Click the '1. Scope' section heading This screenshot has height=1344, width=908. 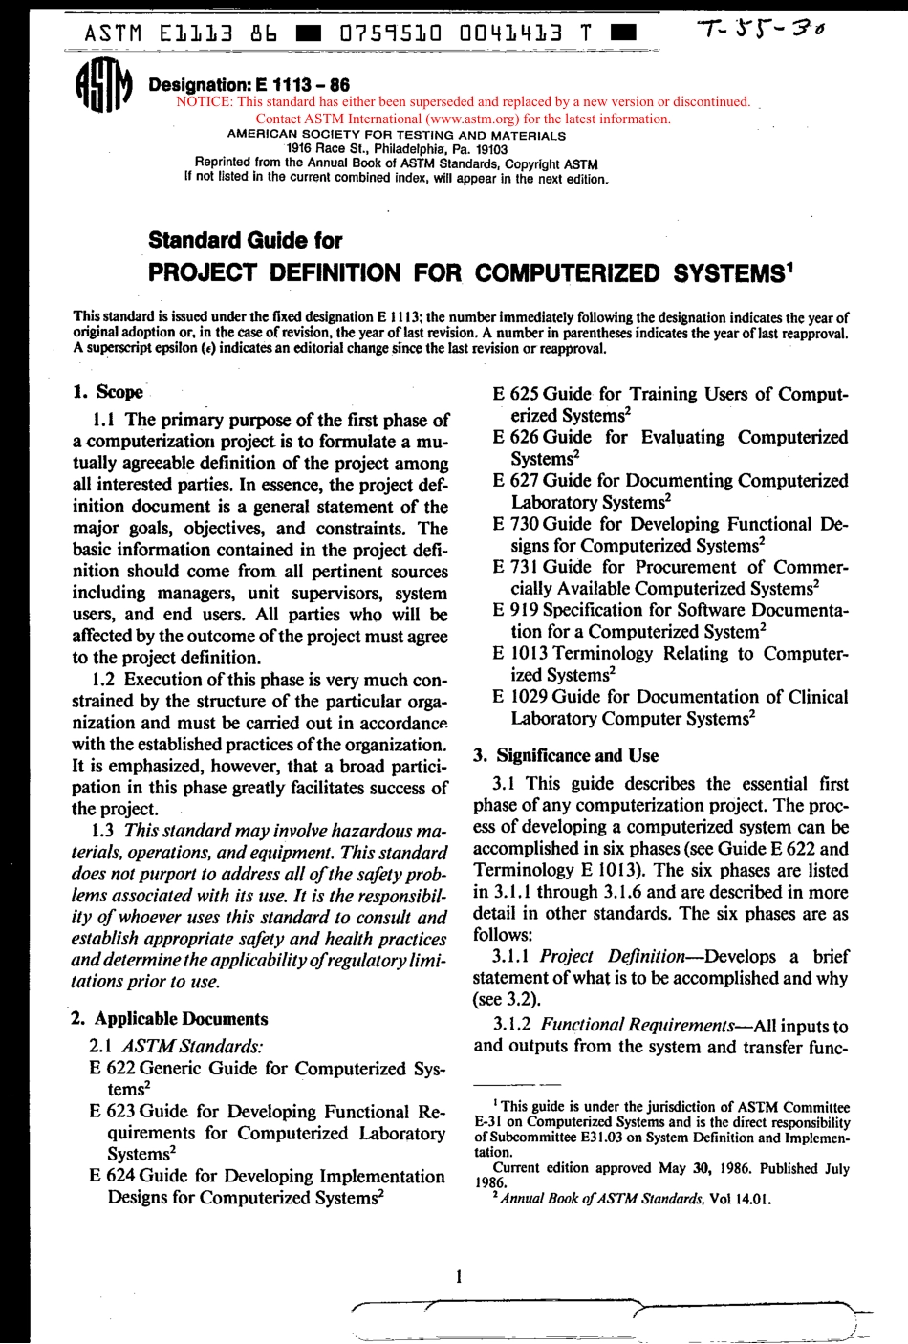[108, 392]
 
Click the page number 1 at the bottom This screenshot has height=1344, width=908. [460, 1275]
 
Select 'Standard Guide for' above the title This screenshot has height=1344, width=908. [245, 240]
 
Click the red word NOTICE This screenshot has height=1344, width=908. [205, 102]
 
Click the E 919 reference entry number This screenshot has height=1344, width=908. [514, 610]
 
